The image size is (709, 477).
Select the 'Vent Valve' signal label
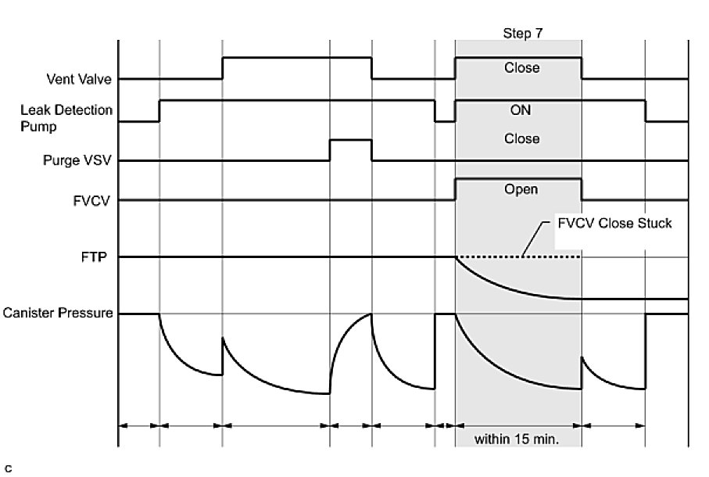78,79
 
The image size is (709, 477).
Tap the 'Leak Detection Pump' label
66,118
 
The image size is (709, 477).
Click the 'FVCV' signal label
96,200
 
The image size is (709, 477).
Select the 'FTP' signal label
101,256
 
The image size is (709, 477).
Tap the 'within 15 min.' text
517,439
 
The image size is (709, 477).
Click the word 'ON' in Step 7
520,111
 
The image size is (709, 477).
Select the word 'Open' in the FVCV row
521,189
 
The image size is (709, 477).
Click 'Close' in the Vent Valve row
521,68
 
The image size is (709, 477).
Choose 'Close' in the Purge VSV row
521,138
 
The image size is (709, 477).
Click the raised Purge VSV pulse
350,140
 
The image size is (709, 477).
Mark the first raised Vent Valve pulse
296,58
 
